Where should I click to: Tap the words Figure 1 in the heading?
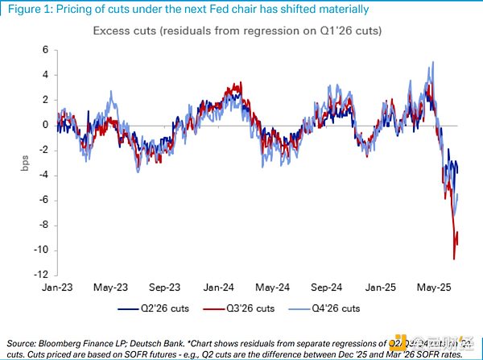click(x=25, y=10)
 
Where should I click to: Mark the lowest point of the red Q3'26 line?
click(x=454, y=258)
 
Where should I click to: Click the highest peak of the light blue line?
click(x=434, y=62)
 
